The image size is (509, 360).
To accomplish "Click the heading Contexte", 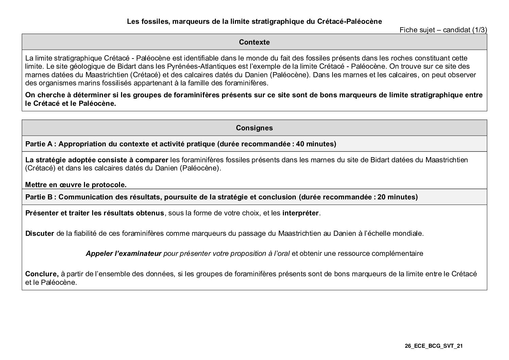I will pos(254,42).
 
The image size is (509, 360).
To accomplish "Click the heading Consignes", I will pos(254,128).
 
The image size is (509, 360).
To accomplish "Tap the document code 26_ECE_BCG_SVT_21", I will pos(434,346).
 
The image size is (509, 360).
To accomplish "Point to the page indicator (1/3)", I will pos(479,30).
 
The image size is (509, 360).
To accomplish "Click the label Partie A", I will pos(39,144).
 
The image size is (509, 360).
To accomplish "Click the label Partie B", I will pos(39,197).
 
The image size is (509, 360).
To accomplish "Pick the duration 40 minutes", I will pos(316,144).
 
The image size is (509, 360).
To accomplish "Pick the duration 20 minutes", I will pos(397,197).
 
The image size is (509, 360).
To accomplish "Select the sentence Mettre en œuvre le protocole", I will pos(76,185).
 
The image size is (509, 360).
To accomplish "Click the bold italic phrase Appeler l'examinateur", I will pos(123,253).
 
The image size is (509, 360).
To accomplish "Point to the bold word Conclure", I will pos(42,274).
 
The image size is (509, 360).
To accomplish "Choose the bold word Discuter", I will pos(39,234).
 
